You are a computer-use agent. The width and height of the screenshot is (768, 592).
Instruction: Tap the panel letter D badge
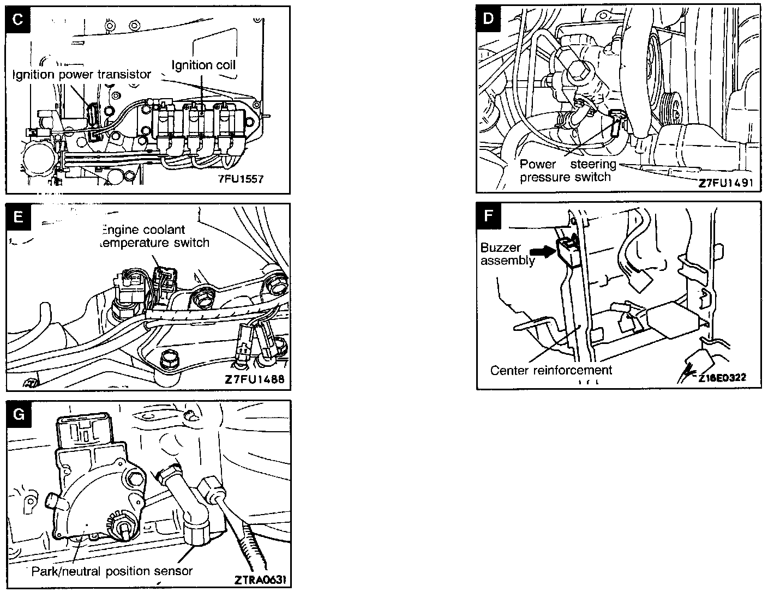pos(488,18)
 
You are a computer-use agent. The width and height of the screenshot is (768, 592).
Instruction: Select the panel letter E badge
pos(17,216)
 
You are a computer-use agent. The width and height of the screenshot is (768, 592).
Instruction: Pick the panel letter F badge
pos(488,215)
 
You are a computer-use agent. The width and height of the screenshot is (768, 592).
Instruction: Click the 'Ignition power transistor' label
pos(82,75)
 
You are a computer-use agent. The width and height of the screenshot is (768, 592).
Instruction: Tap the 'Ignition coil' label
pos(203,65)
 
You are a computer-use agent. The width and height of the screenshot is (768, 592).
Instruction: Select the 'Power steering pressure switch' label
pos(567,171)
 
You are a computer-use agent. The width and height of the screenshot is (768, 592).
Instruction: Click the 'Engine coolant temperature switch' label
pos(156,236)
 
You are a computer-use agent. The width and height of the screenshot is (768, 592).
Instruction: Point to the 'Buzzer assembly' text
pos(500,254)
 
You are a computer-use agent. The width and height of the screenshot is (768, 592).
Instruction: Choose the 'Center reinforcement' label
pos(551,371)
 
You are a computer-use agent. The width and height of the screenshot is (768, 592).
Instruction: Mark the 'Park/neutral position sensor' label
pos(112,571)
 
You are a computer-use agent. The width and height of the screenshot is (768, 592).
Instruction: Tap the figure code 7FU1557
pos(240,179)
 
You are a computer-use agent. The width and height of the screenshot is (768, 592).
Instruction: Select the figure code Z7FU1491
pos(725,183)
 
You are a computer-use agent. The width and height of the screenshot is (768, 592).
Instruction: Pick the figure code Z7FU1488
pos(254,379)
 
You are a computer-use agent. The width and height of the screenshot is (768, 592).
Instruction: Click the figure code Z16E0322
pos(722,377)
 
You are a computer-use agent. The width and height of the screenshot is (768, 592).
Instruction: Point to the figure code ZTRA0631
pos(260,579)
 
